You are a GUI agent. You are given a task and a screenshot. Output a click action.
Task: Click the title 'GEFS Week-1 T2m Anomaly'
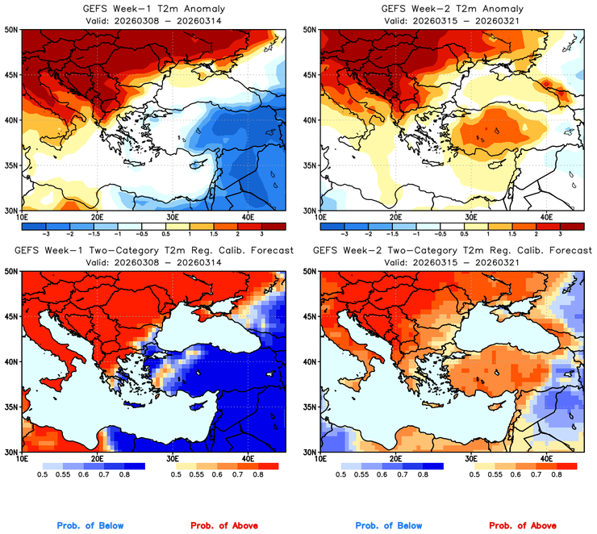point(152,9)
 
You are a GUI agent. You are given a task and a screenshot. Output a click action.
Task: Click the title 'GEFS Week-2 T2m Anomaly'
point(452,9)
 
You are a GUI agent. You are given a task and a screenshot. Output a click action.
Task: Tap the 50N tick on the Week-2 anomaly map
point(308,30)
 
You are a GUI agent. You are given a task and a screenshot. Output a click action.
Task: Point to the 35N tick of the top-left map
point(10,165)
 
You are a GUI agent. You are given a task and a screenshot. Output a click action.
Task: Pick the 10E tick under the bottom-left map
point(21,460)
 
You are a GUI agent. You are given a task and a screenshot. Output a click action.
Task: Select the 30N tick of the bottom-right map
point(308,453)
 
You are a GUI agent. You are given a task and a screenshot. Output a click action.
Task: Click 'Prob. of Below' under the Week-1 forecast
point(90,526)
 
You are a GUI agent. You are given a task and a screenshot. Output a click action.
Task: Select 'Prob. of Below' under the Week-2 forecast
point(390,526)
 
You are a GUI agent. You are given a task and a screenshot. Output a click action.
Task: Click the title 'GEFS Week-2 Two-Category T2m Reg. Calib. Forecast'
point(452,251)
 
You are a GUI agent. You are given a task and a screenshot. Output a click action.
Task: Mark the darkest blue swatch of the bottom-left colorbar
point(133,466)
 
